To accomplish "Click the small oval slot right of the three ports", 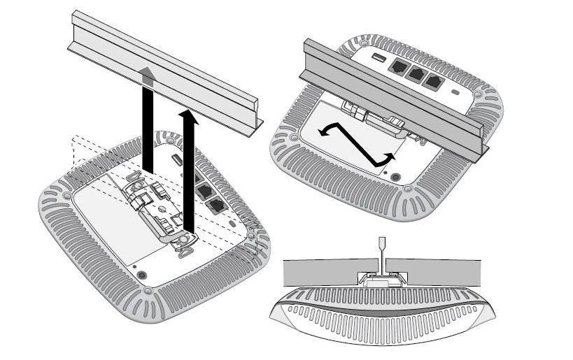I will click(458, 92).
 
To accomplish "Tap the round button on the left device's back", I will click(143, 275).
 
